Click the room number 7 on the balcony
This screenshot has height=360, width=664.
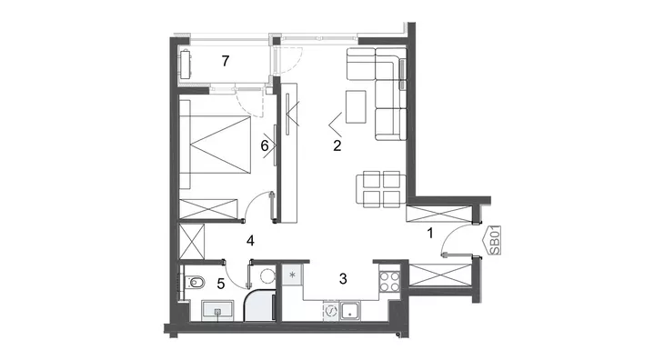tap(226, 61)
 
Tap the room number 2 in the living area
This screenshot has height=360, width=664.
tap(337, 145)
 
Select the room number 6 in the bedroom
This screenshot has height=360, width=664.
tap(265, 146)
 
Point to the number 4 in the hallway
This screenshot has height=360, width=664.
tap(250, 241)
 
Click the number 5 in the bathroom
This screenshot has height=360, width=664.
tap(221, 284)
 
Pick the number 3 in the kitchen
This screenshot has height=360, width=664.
tap(343, 278)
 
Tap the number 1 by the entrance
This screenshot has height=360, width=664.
tap(430, 233)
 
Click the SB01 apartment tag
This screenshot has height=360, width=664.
tap(493, 240)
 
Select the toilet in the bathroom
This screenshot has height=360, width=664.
tap(195, 282)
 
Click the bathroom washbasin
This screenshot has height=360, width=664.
tap(217, 310)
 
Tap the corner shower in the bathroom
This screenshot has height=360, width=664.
tap(259, 305)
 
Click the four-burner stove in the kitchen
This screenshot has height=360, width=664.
tap(389, 281)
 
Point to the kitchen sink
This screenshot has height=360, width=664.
tap(350, 311)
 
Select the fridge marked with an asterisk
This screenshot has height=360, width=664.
tap(292, 275)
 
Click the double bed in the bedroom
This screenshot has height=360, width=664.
tap(215, 145)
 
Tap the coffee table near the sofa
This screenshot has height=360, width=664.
tap(356, 107)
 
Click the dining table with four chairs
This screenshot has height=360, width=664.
tap(381, 189)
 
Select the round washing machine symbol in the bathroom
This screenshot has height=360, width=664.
tap(267, 276)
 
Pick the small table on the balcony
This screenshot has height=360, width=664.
tap(186, 65)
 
